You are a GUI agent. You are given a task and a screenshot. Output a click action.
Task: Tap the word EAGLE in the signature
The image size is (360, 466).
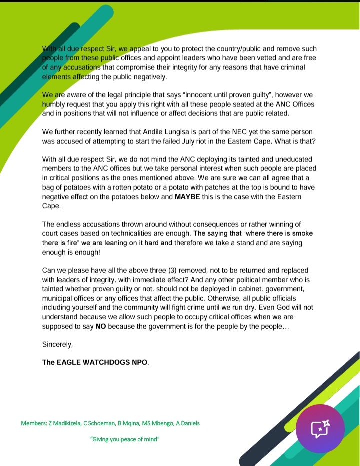pos(73,362)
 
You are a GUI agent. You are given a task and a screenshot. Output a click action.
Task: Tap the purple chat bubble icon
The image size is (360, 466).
pos(320,428)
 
